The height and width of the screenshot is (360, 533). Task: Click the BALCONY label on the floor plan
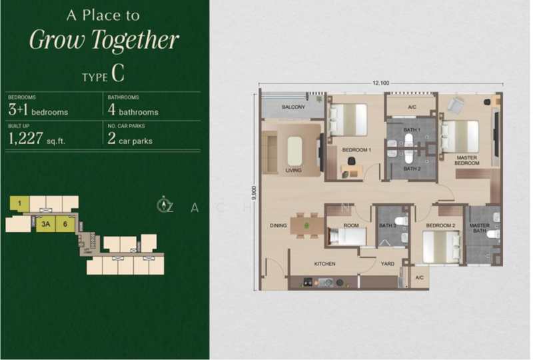pos(293,107)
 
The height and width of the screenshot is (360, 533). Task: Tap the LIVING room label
pos(293,171)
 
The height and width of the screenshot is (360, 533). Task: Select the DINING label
pos(278,226)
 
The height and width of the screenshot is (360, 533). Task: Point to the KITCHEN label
pos(324,265)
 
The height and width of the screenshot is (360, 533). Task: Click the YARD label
pos(387,264)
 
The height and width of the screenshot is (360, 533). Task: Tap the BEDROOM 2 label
pos(440,226)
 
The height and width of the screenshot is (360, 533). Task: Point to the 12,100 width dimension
pos(380,83)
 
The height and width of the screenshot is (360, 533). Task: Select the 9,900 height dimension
pos(254,194)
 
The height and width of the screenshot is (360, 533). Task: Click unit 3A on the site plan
pos(45,225)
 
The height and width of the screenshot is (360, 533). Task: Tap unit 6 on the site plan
pos(65,225)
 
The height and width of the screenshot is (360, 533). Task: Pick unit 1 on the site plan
pos(21,203)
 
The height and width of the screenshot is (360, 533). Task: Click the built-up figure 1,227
pos(27,138)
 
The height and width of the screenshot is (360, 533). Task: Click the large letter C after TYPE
pos(118,74)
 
